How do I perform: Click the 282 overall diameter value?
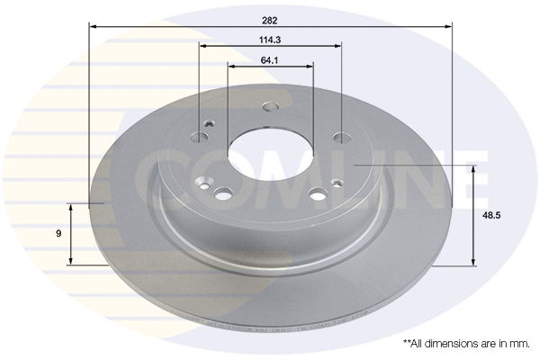click(270, 21)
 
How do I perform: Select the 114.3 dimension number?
click(270, 40)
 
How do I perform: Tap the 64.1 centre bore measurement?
click(270, 60)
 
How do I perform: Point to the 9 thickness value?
click(58, 234)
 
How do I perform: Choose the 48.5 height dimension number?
click(491, 216)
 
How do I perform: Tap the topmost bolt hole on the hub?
click(271, 106)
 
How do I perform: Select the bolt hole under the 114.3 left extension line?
click(200, 138)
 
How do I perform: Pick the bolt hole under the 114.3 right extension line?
click(342, 138)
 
